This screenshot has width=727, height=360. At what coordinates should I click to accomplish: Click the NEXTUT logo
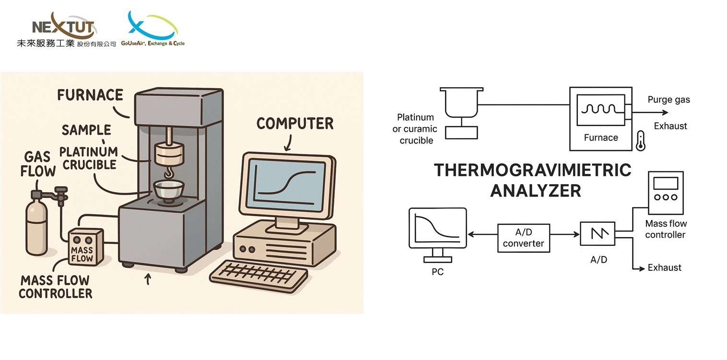point(66,30)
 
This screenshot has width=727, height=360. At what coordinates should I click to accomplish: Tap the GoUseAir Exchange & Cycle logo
point(152,29)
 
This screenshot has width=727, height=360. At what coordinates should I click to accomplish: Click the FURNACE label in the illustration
point(90,95)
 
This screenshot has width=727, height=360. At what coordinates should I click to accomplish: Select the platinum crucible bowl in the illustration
point(169,191)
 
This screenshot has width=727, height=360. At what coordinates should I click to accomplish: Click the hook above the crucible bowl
point(169,173)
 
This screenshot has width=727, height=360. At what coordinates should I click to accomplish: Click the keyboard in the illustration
point(258,275)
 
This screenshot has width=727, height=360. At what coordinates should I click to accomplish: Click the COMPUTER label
point(295,124)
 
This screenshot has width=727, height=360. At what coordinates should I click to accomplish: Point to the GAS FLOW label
point(38,164)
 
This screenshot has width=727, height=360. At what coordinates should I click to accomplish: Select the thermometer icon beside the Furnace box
point(640,141)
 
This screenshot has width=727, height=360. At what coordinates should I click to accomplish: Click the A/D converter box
point(524,238)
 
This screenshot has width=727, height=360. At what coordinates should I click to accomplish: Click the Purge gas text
point(668,100)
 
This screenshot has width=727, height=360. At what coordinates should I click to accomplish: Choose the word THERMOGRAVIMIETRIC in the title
point(533,170)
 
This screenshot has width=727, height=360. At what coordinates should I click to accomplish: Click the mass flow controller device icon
point(666,193)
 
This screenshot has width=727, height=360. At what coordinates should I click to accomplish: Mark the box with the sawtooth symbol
point(598,233)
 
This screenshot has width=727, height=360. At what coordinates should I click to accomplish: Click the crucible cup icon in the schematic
point(461,103)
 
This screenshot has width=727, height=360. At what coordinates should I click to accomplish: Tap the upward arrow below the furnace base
point(148,279)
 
